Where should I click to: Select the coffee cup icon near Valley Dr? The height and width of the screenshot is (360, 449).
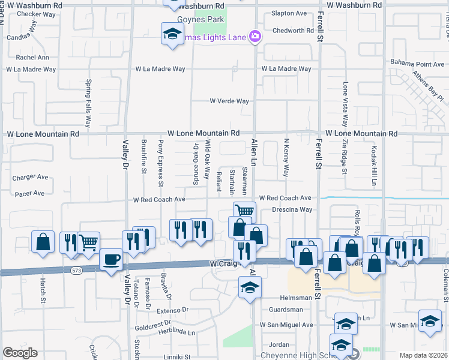(x=112, y=260)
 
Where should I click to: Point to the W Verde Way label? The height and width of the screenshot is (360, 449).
(x=229, y=101)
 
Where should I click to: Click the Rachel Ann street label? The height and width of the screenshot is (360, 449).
(x=32, y=58)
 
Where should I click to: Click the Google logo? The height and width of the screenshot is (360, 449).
(x=20, y=353)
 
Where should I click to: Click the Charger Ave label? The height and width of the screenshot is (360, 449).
(x=30, y=178)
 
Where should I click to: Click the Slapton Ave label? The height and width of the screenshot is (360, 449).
(x=289, y=13)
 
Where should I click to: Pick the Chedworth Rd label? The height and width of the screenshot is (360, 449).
(x=293, y=31)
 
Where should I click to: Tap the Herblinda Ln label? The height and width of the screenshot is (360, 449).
(x=174, y=332)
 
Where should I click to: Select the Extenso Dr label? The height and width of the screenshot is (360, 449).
(x=173, y=311)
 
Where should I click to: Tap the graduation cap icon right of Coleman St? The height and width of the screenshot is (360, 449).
(x=430, y=322)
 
